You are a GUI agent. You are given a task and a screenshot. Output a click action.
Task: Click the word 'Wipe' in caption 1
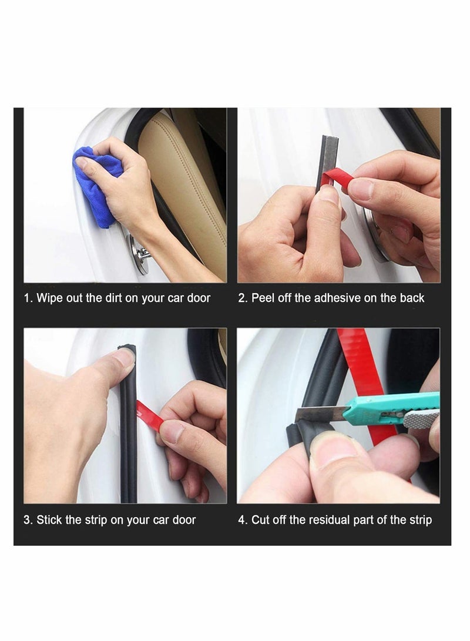(50, 298)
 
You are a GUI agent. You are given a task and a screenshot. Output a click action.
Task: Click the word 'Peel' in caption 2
(264, 298)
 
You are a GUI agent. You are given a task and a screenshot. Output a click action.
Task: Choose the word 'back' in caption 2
(412, 298)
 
